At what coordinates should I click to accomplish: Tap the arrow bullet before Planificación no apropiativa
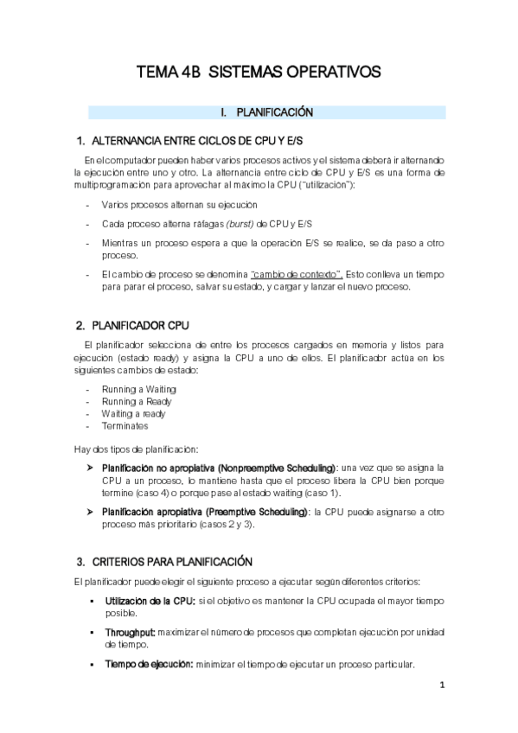pyautogui.click(x=91, y=468)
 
